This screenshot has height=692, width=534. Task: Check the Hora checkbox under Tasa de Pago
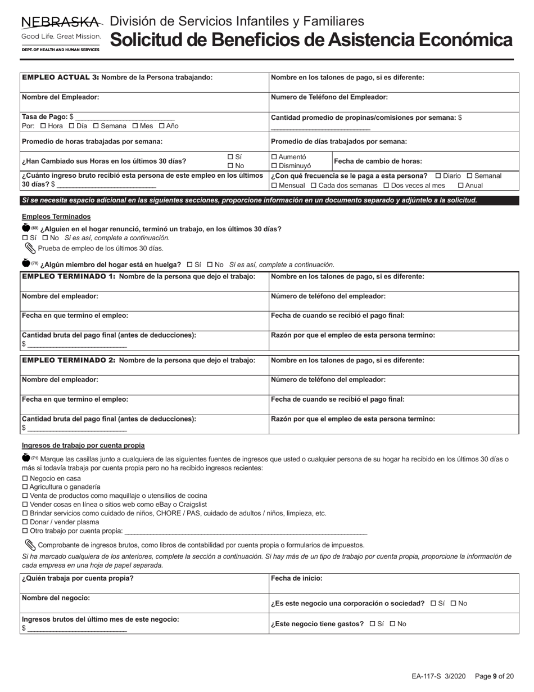(43, 126)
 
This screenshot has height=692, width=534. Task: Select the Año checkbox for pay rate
(162, 126)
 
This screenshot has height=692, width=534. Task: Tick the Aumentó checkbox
(274, 157)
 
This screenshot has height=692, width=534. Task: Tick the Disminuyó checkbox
(274, 166)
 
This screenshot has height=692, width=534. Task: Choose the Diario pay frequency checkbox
(438, 176)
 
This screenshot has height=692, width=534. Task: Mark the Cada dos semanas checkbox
(314, 185)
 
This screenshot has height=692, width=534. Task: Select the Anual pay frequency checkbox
(461, 185)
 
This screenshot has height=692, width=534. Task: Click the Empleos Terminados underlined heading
(56, 217)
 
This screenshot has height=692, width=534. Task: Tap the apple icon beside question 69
(26, 228)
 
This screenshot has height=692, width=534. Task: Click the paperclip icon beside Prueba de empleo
(30, 248)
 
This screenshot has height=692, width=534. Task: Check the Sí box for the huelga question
(189, 264)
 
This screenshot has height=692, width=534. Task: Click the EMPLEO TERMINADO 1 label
(69, 276)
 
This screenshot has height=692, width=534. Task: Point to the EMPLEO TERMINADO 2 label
(69, 360)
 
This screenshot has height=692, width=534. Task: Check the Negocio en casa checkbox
(25, 478)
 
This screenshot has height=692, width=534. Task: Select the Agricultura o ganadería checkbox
(25, 487)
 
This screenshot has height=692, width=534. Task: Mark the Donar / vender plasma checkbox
(25, 522)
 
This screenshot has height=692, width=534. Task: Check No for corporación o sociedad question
(454, 604)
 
